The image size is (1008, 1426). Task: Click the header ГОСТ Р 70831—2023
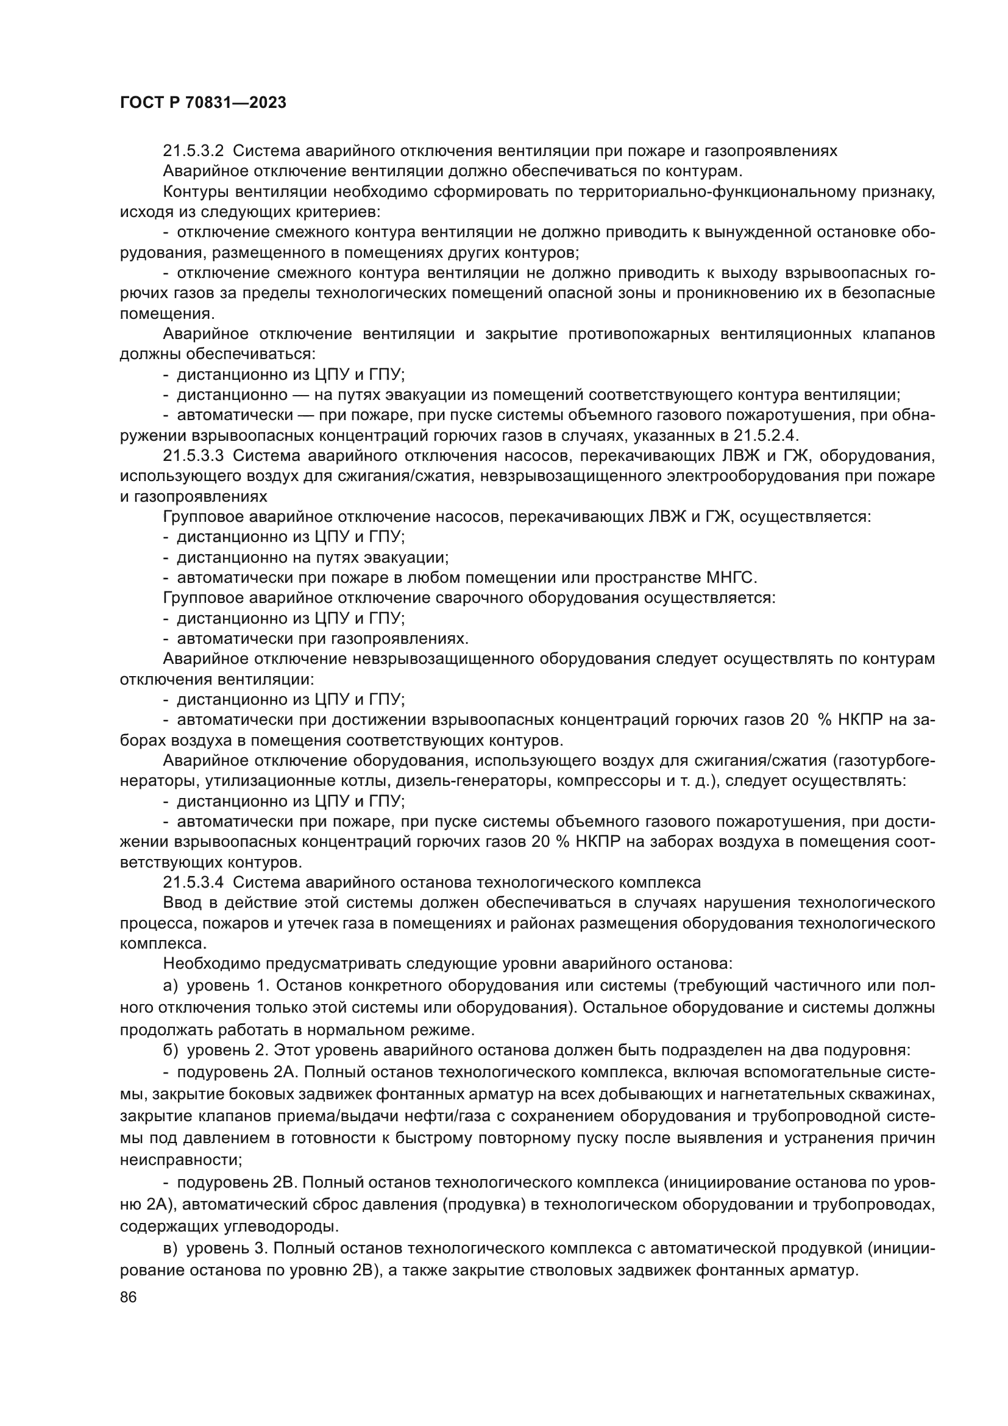(x=203, y=103)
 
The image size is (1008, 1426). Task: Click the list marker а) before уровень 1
(x=171, y=986)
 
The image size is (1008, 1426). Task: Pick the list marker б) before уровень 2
(x=171, y=1050)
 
